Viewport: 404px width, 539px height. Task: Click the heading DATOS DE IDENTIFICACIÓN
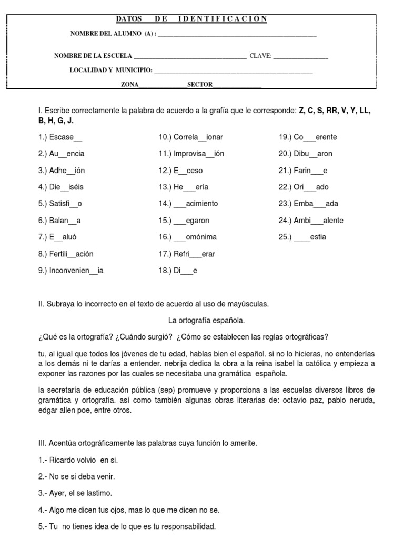tap(191, 19)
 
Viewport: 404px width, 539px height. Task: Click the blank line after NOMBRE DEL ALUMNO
tap(237, 35)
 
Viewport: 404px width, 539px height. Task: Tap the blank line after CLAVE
tap(300, 57)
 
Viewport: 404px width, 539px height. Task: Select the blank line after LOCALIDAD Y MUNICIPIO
tap(234, 71)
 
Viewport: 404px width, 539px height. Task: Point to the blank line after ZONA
tap(163, 85)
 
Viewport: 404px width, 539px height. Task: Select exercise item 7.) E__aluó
tap(61, 237)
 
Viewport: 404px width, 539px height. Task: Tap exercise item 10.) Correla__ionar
tap(191, 137)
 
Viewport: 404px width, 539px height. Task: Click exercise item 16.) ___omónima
tap(188, 237)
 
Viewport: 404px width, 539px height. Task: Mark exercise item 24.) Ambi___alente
tap(311, 220)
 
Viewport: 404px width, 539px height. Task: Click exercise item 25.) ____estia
tap(302, 237)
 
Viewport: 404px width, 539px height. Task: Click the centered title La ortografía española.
tap(206, 320)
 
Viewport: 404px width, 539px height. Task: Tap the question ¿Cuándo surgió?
tap(142, 337)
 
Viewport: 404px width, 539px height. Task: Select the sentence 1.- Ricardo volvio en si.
tap(78, 460)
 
